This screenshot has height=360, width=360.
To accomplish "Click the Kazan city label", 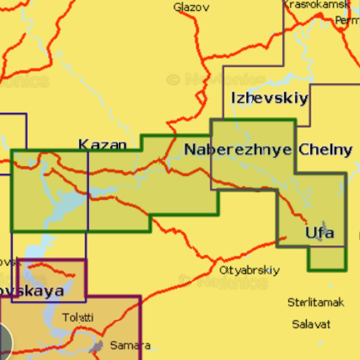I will (103, 145).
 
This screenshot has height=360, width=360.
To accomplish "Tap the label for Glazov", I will (191, 7).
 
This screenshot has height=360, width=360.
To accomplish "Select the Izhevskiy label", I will (269, 98).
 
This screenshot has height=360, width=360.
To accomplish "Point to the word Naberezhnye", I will (238, 149).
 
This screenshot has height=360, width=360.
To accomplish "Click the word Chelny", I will (325, 149).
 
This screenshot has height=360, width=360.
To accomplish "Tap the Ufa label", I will (319, 232).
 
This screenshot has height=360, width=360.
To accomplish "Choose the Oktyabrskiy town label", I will (249, 270).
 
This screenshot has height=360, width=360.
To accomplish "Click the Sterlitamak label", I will (316, 302).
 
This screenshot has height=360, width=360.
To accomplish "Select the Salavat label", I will (311, 324).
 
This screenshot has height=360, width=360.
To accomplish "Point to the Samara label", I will (130, 346).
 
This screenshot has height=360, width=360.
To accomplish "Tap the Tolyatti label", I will (78, 317).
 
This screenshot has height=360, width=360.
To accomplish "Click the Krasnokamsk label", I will (316, 4).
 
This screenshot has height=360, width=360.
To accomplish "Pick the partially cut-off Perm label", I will (347, 20).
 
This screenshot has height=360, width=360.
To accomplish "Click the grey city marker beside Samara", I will (97, 346).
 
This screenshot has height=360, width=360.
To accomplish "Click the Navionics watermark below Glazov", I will (216, 79).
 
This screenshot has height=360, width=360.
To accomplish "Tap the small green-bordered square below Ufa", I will (327, 259).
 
